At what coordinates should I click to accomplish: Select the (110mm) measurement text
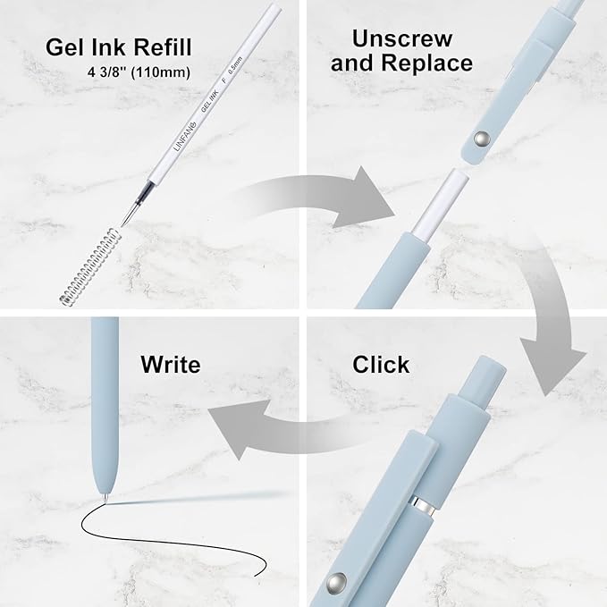click(161, 72)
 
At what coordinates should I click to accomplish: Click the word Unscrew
click(402, 38)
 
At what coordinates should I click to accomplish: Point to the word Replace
click(427, 63)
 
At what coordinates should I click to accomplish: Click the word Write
click(171, 364)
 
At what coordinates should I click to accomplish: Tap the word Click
click(381, 364)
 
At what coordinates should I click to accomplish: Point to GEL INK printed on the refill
click(210, 100)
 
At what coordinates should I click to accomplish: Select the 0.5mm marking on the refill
click(236, 65)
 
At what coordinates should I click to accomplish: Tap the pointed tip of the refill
click(122, 225)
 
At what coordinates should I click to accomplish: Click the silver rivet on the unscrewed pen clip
click(482, 139)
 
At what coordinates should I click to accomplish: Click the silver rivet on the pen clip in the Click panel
click(336, 583)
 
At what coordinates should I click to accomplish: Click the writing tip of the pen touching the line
click(105, 500)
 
